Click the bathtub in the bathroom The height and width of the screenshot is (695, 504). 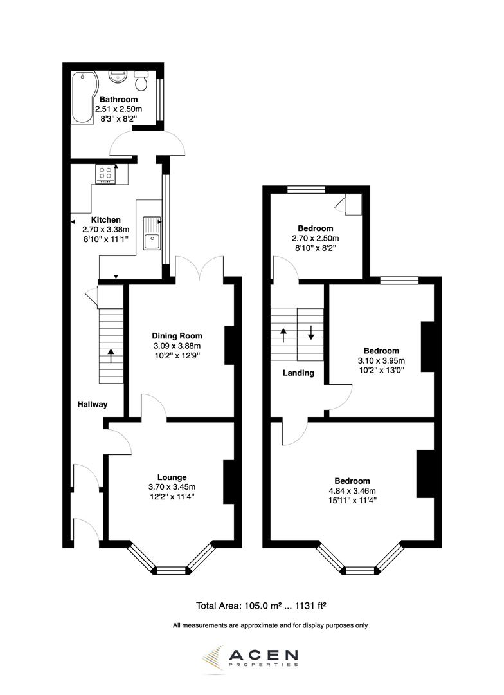pyautogui.click(x=82, y=97)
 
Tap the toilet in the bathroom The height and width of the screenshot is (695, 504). pyautogui.click(x=141, y=80)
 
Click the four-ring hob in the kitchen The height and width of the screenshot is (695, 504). pyautogui.click(x=107, y=174)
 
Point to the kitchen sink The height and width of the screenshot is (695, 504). pyautogui.click(x=152, y=232)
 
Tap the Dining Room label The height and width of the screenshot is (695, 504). pyautogui.click(x=177, y=336)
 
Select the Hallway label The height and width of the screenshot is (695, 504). pyautogui.click(x=93, y=405)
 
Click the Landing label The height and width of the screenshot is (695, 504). pyautogui.click(x=298, y=373)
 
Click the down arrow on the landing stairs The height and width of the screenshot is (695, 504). pyautogui.click(x=310, y=332)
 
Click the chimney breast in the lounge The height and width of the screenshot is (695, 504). pyautogui.click(x=228, y=482)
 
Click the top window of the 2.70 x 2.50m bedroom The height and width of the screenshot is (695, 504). pyautogui.click(x=306, y=189)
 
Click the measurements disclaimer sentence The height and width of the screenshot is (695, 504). pyautogui.click(x=270, y=625)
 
